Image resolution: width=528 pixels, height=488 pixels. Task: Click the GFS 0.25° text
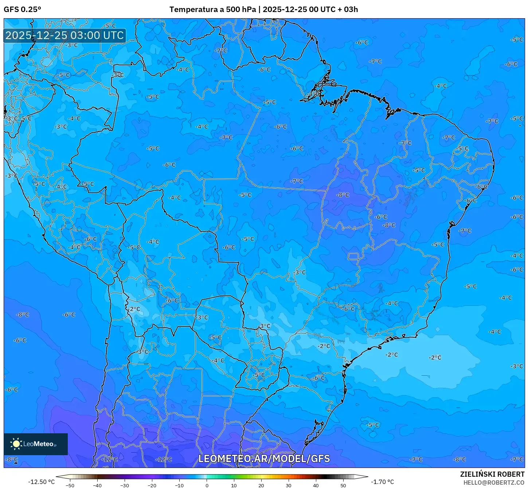pos(22,9)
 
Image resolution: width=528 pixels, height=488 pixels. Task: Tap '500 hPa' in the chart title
pos(241,9)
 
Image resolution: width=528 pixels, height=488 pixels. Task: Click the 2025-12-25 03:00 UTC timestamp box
pos(64,35)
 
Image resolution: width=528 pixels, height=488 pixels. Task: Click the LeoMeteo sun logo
pos(16,444)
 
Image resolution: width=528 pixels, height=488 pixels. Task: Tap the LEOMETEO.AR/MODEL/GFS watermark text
pos(264,458)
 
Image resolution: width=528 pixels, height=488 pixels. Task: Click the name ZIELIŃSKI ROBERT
pos(492,474)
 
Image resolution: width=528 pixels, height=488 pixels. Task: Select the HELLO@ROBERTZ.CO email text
pos(494,483)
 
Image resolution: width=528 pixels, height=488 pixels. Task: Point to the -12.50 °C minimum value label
pos(41,482)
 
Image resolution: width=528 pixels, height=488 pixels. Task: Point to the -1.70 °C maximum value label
pos(382,482)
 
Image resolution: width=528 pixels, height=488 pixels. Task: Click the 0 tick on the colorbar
pos(207,485)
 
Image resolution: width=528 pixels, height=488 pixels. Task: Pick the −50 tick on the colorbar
pos(70,485)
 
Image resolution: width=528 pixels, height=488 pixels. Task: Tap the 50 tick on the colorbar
pos(343,485)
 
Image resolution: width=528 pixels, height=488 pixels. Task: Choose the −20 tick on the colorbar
pos(152,485)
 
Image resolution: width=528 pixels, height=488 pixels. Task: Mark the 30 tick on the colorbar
pos(289,485)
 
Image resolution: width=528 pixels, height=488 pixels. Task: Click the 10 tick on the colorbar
pos(234,485)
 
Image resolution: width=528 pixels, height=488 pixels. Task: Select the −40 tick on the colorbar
pos(97,485)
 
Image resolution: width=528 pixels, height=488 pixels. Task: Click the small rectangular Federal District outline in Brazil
pos(353,256)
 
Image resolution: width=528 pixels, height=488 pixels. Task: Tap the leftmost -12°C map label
pos(109,459)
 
